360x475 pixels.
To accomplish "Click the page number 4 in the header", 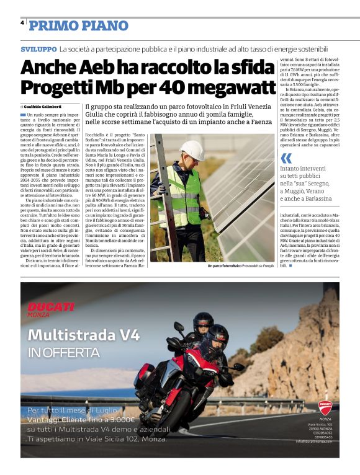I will [22, 22].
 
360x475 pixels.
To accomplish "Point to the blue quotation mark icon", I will [286, 158].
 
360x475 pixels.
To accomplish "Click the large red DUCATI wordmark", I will [51, 307].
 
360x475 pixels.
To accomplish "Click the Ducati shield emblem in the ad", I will [325, 407].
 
